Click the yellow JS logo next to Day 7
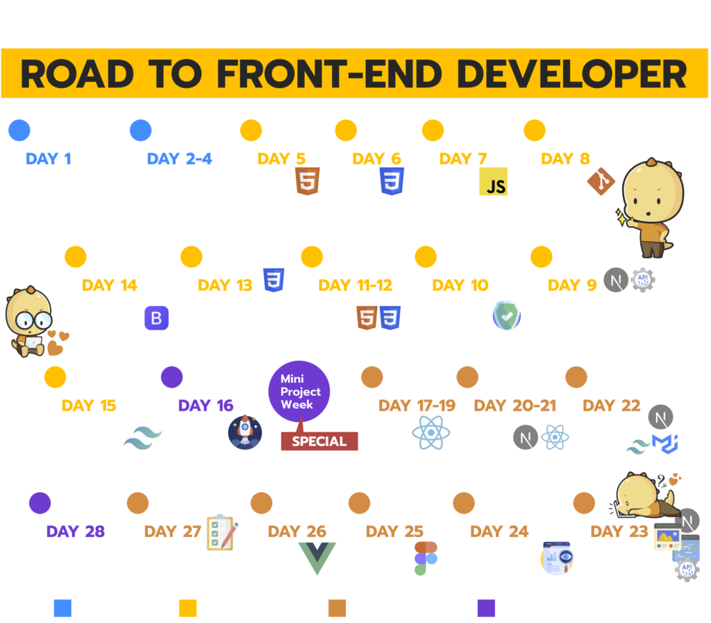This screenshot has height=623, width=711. point(493,181)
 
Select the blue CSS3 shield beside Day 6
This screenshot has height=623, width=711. point(392,180)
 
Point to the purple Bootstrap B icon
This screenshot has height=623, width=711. point(156,318)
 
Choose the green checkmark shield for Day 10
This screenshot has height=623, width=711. point(506,316)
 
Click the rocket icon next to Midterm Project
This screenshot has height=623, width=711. point(245,432)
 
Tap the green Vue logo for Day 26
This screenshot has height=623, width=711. point(317,558)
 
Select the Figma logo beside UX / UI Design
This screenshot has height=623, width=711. point(426,558)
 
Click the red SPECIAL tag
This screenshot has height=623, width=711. point(319,441)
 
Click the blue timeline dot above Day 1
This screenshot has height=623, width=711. point(19,130)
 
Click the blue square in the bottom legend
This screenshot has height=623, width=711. point(62,608)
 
